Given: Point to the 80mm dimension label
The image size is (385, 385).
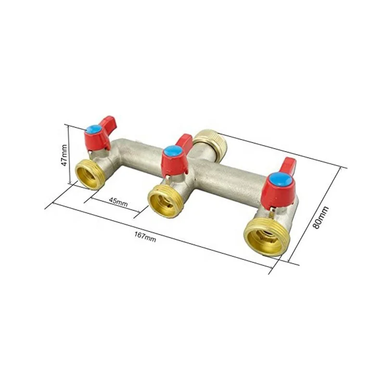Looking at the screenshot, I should (321, 217).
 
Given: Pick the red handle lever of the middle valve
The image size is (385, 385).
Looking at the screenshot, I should (184, 141).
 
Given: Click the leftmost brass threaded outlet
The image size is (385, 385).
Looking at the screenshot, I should (90, 174).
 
